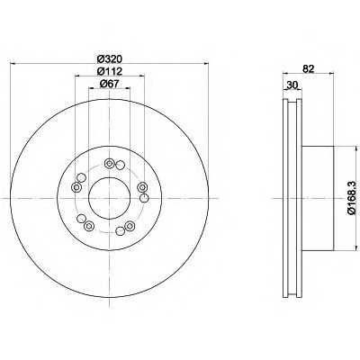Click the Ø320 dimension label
(110, 58)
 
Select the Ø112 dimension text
(110, 71)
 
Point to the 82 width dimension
(308, 69)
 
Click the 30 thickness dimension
(292, 85)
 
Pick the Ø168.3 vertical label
(351, 198)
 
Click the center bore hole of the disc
(109, 198)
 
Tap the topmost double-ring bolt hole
(109, 164)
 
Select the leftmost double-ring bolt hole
(76, 187)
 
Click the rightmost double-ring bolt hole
(142, 187)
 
